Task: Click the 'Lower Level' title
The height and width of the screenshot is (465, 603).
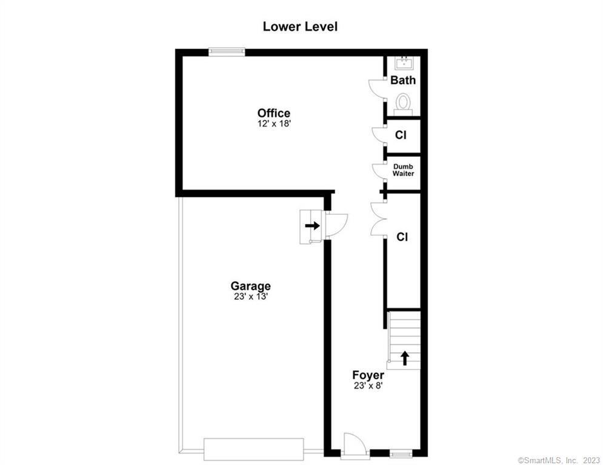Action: pos(300,27)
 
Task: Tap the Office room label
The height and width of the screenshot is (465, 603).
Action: pos(274,113)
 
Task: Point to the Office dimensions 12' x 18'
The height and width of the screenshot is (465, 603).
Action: pos(274,124)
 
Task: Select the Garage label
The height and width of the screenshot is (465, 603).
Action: pos(250,286)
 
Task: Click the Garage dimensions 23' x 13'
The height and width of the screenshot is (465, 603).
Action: pos(250,297)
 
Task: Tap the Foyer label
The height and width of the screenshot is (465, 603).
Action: pos(368,375)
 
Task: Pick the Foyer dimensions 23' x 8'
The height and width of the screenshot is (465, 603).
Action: pos(368,385)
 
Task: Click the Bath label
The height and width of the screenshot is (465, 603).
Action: pos(403,80)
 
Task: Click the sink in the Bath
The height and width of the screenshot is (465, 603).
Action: pos(404,62)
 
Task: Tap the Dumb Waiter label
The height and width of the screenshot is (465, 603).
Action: pos(403,170)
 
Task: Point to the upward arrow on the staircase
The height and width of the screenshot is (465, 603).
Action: pos(404,358)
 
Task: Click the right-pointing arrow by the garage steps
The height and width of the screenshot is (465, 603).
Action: pos(312,225)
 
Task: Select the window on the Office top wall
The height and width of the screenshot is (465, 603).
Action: pos(227,52)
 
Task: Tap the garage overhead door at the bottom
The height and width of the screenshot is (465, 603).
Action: pos(253,449)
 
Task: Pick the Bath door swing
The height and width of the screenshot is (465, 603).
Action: pos(377,90)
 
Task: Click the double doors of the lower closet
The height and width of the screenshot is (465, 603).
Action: pos(378,219)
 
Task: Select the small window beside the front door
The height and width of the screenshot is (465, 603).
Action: pos(400,452)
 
